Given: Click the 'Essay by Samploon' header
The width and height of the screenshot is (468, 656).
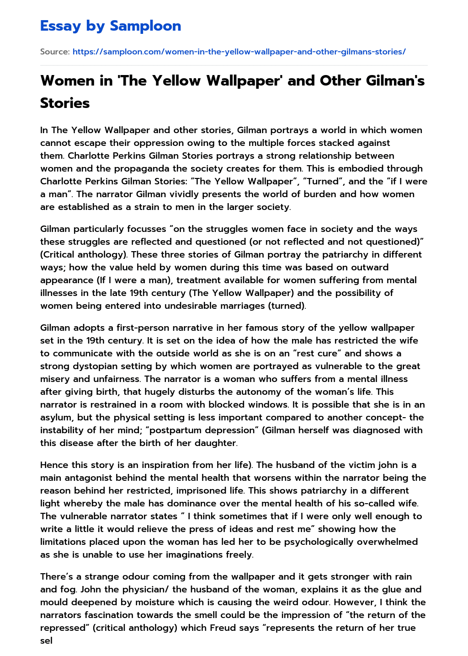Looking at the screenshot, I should tap(111, 26).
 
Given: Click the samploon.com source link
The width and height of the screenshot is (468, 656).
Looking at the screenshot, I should tap(239, 52).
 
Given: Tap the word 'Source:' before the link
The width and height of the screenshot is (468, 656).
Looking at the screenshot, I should tap(55, 52).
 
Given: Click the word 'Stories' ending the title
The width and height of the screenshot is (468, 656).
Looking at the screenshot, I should tap(65, 103).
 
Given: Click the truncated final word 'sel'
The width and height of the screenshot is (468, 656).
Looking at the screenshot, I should tap(46, 640).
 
